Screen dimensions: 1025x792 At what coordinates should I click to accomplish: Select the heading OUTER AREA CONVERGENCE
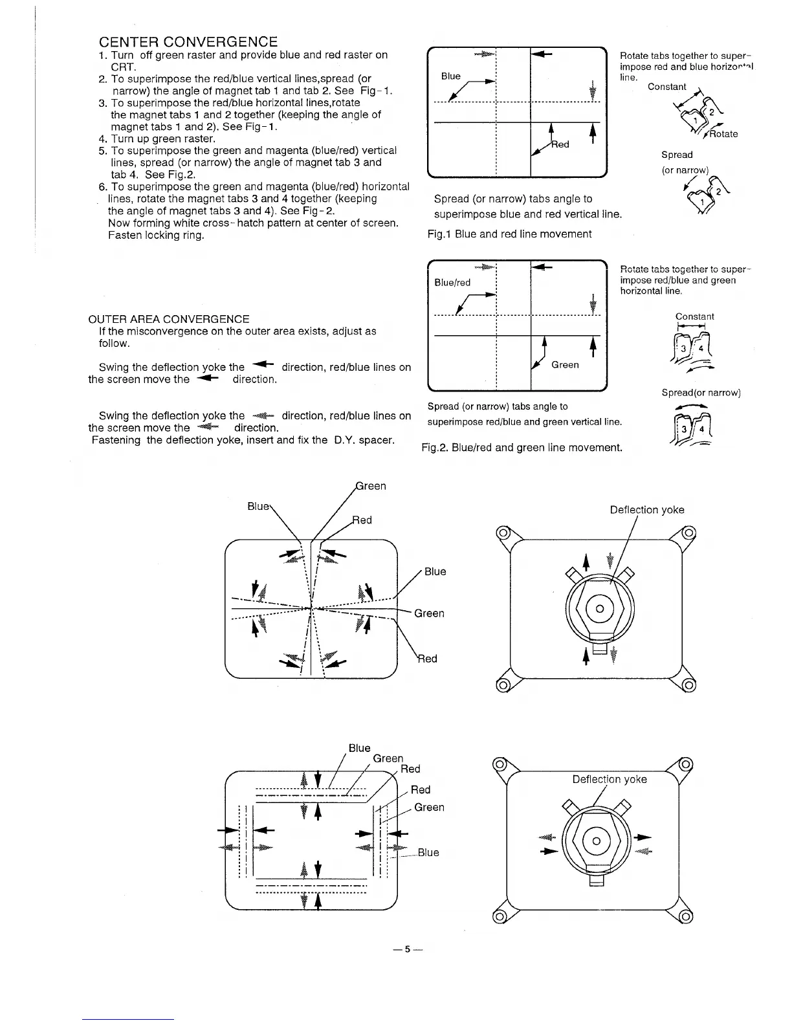tap(168, 319)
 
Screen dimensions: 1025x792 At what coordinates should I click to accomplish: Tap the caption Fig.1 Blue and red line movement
tap(509, 234)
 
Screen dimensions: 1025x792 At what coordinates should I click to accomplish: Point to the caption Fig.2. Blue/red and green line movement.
tap(522, 447)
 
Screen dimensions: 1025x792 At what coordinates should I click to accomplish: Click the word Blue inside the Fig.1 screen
tap(450, 76)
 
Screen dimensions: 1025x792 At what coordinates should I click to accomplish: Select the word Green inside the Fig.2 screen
tap(565, 365)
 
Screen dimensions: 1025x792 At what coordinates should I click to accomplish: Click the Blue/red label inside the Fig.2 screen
tap(452, 283)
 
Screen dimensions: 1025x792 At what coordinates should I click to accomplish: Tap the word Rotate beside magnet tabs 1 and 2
tap(723, 134)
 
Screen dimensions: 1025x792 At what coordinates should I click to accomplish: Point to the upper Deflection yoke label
tap(647, 510)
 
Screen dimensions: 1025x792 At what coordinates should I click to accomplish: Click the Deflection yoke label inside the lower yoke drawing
tap(610, 779)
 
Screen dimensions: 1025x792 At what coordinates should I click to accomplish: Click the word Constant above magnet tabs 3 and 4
tap(694, 316)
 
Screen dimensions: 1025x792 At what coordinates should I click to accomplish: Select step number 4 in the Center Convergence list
tap(102, 138)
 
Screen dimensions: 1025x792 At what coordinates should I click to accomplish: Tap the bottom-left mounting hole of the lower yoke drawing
tap(499, 916)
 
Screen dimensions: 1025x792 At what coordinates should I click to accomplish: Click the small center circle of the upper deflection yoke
tap(599, 609)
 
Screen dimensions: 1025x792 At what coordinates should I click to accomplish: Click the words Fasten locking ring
tap(156, 235)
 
